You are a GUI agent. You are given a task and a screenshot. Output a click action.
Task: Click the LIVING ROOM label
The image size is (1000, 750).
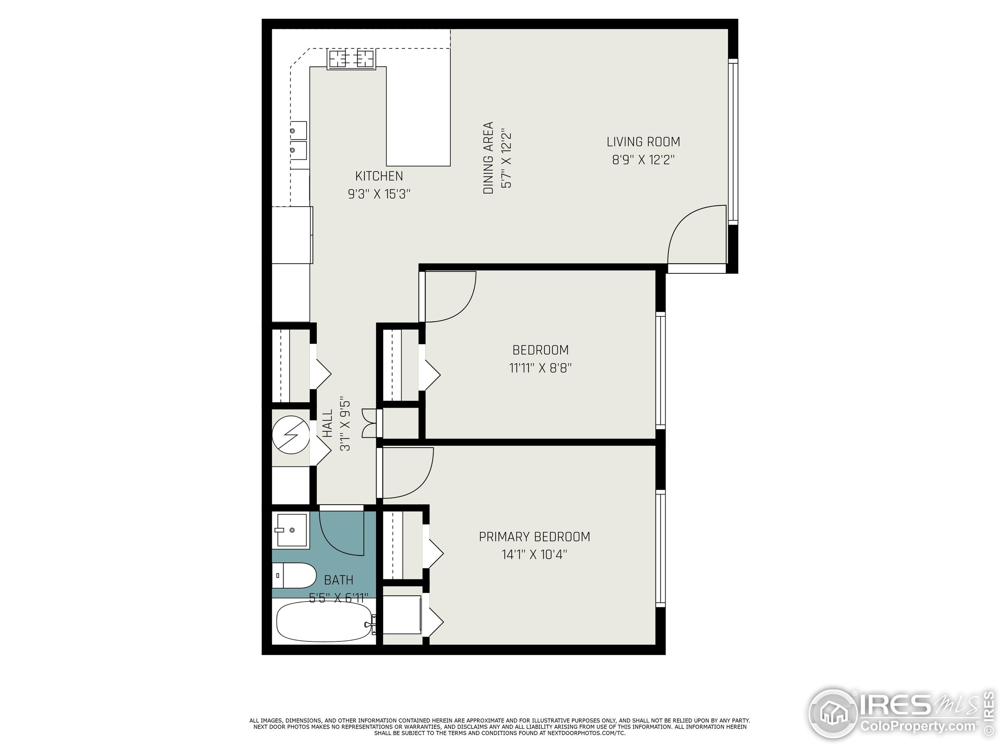click(643, 142)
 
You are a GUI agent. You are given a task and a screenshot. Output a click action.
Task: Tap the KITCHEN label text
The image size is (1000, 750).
click(379, 176)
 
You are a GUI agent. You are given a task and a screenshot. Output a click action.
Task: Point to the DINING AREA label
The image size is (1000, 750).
click(488, 158)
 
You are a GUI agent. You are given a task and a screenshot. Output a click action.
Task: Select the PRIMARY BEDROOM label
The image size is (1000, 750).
click(534, 537)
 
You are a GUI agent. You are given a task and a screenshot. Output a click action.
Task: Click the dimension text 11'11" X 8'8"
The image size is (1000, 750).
click(540, 368)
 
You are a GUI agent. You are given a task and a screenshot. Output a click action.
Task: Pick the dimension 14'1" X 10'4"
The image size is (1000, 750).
click(534, 555)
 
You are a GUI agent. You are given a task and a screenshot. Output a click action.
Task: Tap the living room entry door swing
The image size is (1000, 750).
click(696, 235)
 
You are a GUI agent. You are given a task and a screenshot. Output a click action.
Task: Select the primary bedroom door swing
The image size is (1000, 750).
click(407, 472)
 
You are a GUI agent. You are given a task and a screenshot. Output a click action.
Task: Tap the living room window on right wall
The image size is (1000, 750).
click(732, 141)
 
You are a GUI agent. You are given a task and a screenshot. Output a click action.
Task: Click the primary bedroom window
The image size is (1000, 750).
click(661, 549)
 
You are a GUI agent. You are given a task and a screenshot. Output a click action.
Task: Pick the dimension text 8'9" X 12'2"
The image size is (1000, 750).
click(643, 160)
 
